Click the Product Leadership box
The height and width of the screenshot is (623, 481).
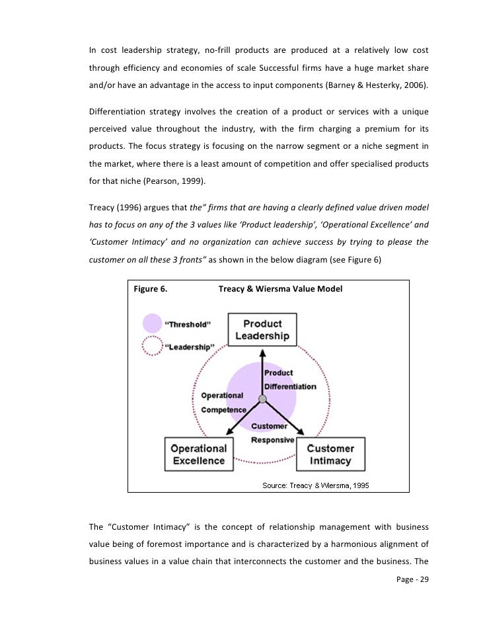click(262, 329)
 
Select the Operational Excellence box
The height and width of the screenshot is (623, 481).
click(199, 454)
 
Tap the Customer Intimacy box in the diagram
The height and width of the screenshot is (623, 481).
click(331, 454)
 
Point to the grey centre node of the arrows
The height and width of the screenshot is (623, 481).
click(262, 399)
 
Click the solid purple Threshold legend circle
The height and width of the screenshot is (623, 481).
click(153, 324)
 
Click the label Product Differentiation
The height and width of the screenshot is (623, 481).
click(289, 380)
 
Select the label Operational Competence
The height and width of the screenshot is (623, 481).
click(222, 403)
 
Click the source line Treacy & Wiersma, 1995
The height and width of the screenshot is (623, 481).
click(316, 485)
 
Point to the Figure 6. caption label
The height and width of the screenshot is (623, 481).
click(150, 289)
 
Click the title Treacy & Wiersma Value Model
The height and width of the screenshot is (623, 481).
click(280, 289)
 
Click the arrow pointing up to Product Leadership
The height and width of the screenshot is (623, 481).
click(262, 370)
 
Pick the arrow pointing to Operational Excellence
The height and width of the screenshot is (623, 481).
click(237, 419)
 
